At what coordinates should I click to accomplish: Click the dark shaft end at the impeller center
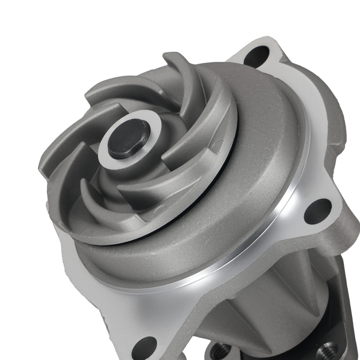[x=129, y=139]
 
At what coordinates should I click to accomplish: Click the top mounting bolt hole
[x=256, y=56]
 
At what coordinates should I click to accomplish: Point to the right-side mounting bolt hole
[x=317, y=211]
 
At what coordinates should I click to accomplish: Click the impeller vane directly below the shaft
[x=144, y=187]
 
